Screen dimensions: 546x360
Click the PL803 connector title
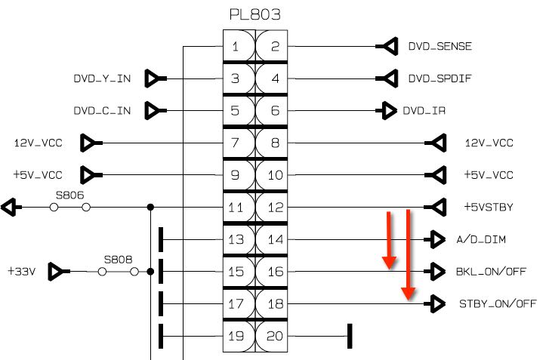255,14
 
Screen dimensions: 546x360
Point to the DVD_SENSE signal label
440,46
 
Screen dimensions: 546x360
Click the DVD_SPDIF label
440,78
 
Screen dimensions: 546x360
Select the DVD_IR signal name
424,111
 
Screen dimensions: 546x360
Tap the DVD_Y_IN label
102,78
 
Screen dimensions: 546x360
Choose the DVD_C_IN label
102,111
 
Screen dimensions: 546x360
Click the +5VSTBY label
489,207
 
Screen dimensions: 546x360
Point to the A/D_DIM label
481,239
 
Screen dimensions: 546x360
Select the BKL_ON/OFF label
491,272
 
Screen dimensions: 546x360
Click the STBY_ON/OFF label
498,304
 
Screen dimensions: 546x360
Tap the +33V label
22,271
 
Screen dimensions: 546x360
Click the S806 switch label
70,195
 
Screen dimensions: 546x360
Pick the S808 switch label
118,260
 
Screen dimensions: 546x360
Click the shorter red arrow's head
389,263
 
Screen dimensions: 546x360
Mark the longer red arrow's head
408,294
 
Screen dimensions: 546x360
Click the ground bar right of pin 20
350,336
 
